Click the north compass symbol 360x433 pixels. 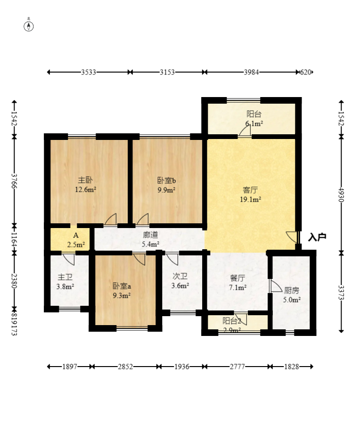[29, 26]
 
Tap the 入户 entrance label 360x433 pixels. [317, 237]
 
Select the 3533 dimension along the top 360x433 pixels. [88, 73]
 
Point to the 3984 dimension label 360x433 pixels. [251, 73]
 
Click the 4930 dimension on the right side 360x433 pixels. [342, 195]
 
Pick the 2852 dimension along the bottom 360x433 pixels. [125, 367]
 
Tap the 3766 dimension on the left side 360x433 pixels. [14, 181]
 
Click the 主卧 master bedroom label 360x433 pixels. [85, 180]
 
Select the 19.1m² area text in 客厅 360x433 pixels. [250, 199]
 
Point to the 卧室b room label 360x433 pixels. [166, 180]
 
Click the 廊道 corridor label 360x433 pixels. [150, 235]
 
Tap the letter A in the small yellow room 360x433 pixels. [76, 235]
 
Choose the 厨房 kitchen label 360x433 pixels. [292, 291]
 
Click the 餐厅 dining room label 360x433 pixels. [237, 278]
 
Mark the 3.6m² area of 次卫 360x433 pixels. [180, 286]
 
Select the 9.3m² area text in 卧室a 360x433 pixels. [122, 295]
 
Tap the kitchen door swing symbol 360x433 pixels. [276, 286]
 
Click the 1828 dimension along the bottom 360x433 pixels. [292, 367]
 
